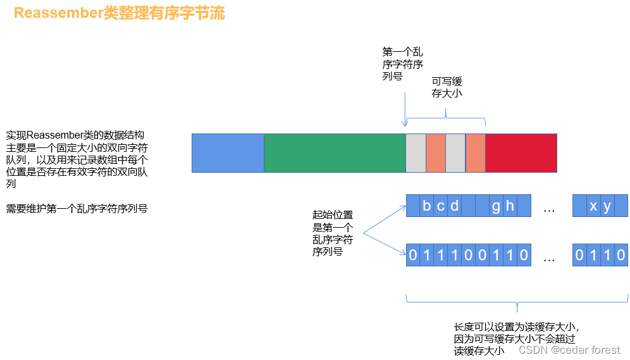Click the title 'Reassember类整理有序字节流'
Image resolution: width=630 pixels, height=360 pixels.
[119, 13]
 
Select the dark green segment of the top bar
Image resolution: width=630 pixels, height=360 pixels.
[334, 152]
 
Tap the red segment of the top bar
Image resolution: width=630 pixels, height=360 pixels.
[521, 152]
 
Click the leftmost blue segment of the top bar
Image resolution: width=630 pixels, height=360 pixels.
[227, 152]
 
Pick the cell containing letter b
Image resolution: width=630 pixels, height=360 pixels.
[427, 206]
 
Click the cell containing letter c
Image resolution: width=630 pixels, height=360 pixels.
[441, 206]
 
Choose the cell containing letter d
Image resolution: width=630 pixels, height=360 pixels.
[455, 206]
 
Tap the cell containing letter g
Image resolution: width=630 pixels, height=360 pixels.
[496, 206]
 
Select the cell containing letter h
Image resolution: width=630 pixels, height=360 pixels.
[510, 206]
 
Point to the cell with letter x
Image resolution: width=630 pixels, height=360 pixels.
[593, 206]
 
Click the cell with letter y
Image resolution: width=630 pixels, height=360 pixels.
[607, 206]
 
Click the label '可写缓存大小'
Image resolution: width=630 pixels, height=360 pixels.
[447, 87]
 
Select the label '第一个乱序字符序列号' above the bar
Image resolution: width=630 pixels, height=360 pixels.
[402, 64]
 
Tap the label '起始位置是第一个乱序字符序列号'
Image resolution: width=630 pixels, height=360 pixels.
[333, 233]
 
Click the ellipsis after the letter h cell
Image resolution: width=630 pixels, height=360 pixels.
[548, 208]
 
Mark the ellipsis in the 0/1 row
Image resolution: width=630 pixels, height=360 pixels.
[548, 258]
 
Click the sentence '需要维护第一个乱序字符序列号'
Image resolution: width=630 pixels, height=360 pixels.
[77, 208]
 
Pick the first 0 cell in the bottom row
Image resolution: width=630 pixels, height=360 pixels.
[413, 256]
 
